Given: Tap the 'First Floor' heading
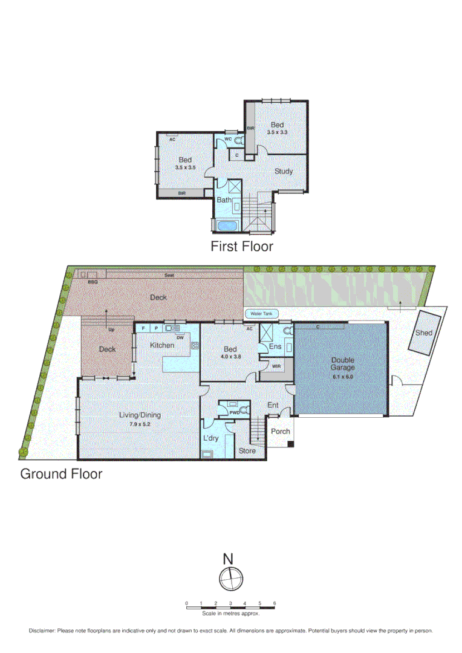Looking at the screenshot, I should coord(241,247).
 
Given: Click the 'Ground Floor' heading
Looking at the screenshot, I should coord(61,474).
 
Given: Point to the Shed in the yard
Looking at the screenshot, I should coord(424,333).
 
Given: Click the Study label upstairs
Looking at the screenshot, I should coord(284,171).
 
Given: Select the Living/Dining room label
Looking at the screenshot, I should coord(140,415).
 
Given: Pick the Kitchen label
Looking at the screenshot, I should coord(163,345).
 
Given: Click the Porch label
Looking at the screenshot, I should coord(280,432).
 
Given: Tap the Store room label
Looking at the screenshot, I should coord(247,450).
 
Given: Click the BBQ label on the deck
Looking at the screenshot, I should coord(93,282).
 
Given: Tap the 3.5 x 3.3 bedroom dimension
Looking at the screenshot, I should coord(278,131).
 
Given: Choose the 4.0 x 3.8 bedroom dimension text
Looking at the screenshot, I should coord(230,357).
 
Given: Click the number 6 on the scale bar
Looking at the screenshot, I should coord(275,603).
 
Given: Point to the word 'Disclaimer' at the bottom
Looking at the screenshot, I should coord(42,631).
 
